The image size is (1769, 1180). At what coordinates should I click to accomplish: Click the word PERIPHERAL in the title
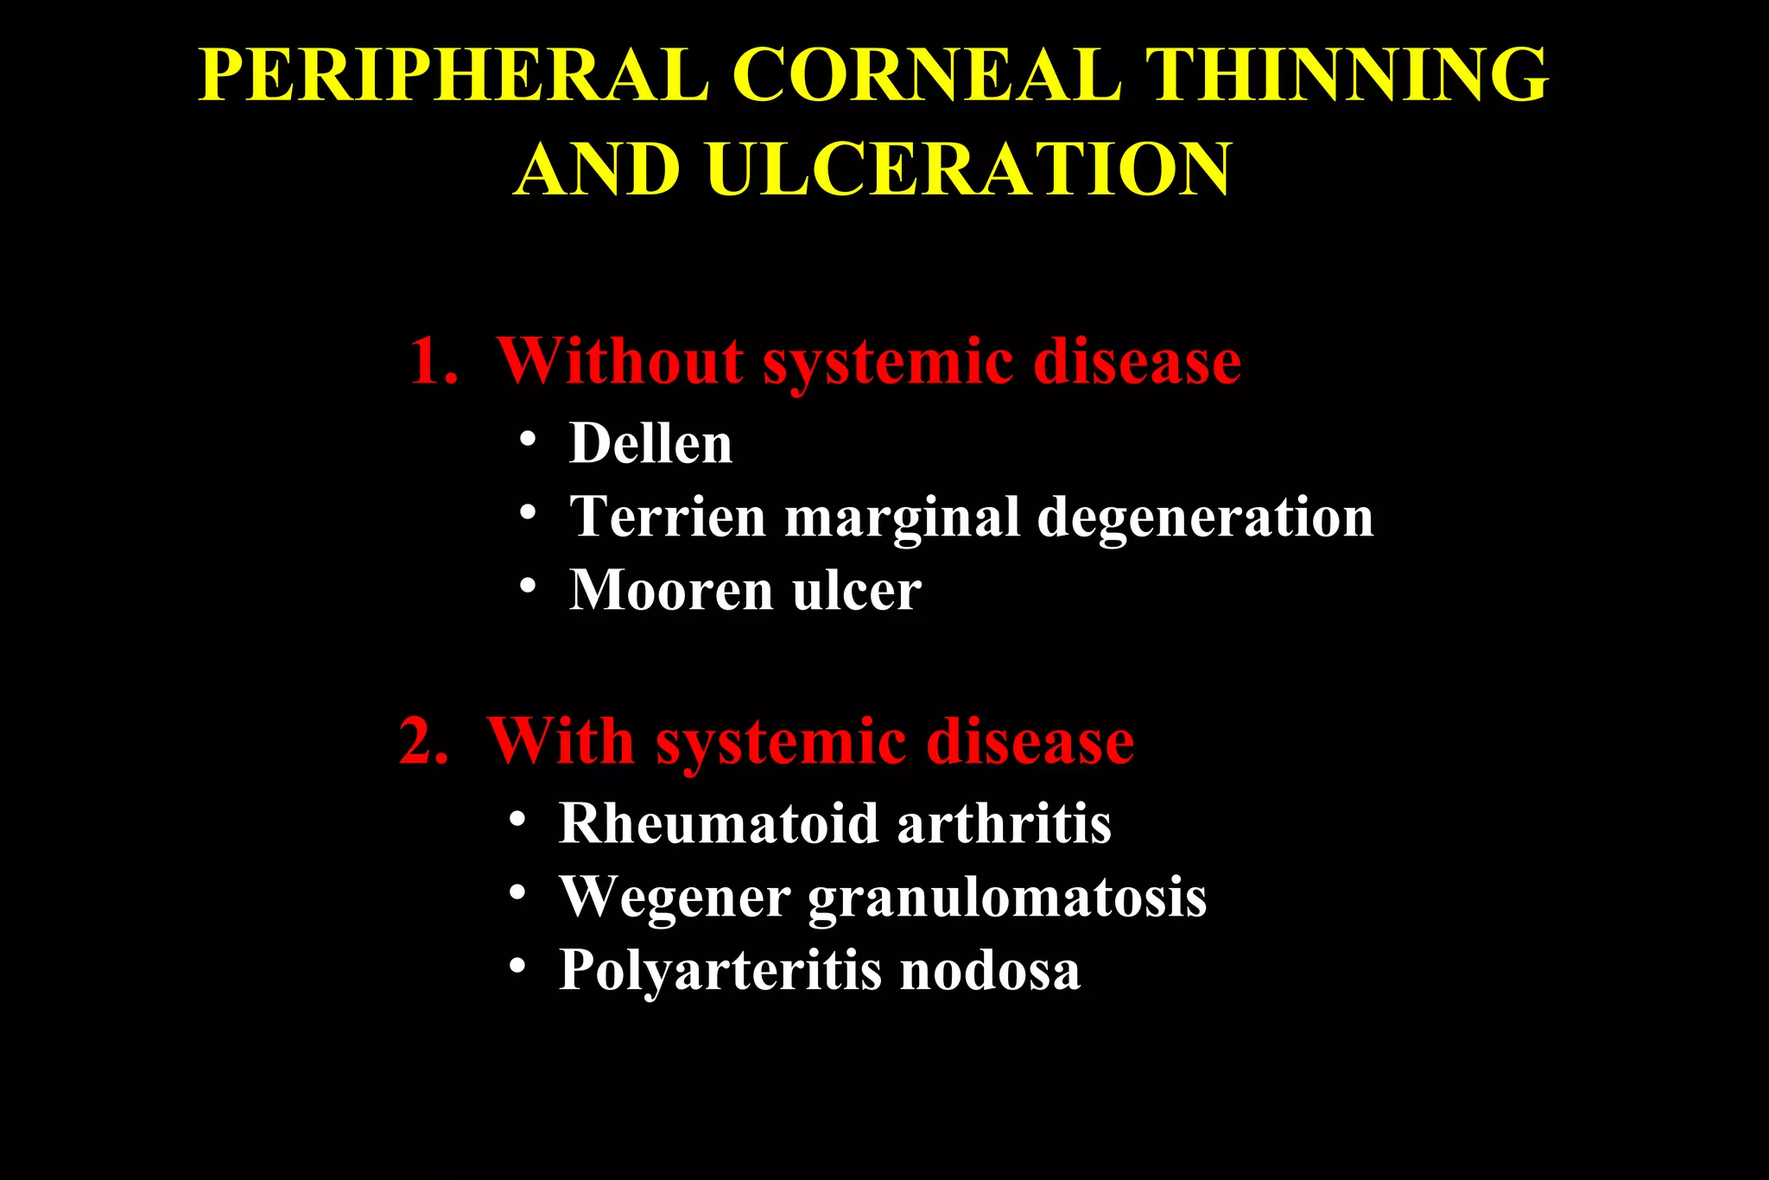[454, 76]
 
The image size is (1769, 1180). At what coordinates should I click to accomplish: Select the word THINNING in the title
[1347, 76]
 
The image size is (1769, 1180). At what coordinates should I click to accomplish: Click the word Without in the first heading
[619, 361]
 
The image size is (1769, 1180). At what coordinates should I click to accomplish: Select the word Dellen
[650, 444]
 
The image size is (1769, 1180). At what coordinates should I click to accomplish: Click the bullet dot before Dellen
[528, 440]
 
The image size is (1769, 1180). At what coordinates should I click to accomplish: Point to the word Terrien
[668, 517]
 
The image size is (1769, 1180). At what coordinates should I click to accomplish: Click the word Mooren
[671, 591]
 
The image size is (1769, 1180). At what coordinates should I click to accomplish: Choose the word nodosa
[990, 970]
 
